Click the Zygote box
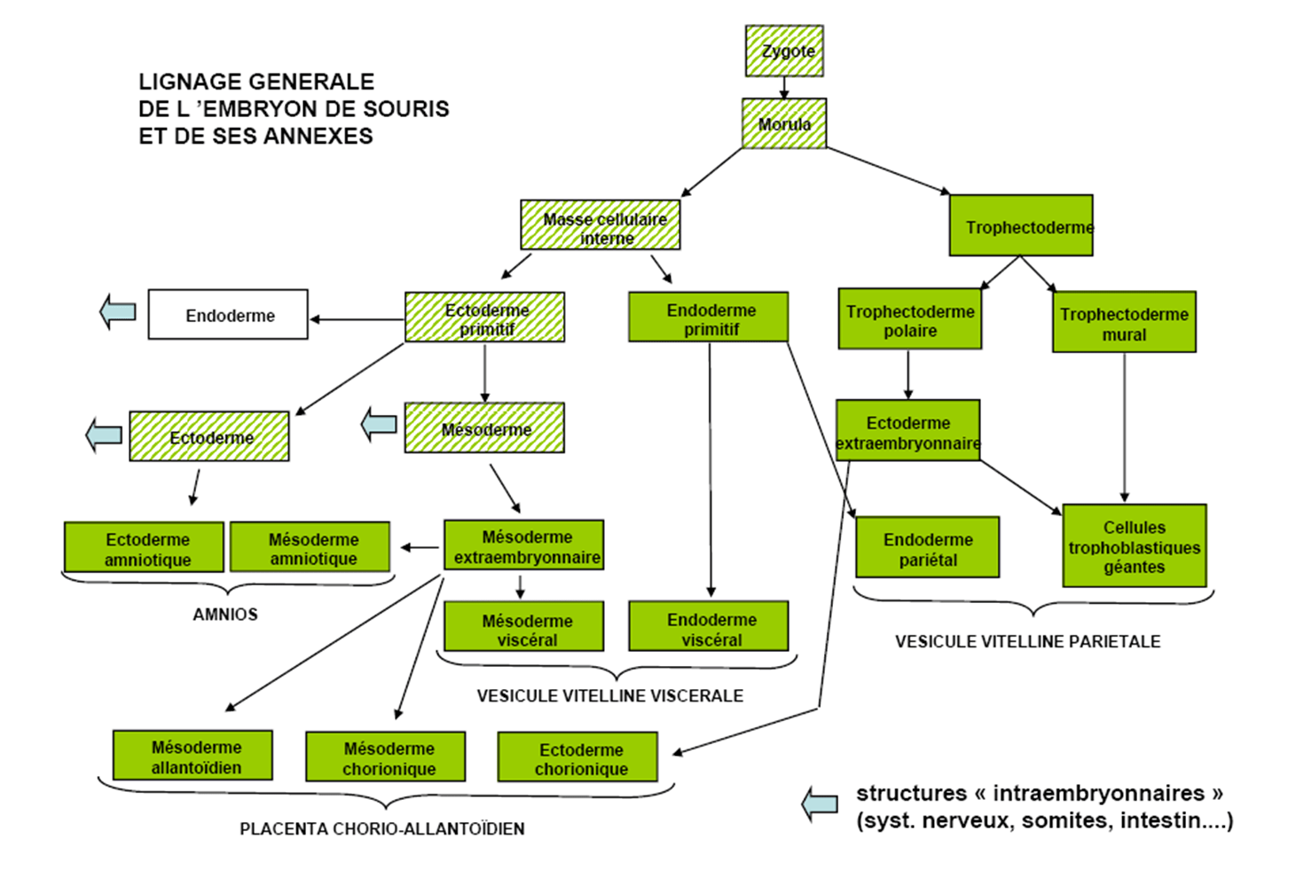784,51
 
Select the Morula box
784,123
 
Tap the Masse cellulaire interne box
601,225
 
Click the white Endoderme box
228,315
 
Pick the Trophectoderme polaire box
909,319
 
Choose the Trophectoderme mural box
1124,322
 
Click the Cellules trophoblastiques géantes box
1135,545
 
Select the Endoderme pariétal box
928,547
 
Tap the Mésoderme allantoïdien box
192,756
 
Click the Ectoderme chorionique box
577,756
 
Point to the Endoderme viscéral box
709,626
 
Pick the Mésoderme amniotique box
310,547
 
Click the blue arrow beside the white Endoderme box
118,311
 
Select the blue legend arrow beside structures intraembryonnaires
820,803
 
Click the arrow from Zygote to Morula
784,88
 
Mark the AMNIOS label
225,615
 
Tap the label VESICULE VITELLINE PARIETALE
1027,642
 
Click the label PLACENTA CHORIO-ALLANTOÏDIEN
381,829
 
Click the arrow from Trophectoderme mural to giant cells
1124,427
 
